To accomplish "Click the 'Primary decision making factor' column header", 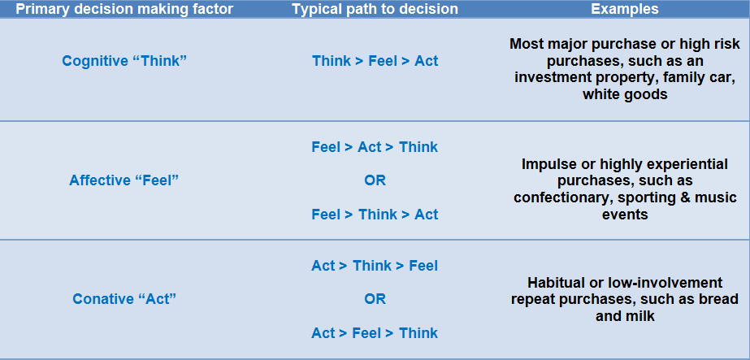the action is pyautogui.click(x=124, y=9).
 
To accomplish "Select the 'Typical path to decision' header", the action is pyautogui.click(x=375, y=9).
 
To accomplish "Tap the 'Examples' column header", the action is pyautogui.click(x=625, y=9).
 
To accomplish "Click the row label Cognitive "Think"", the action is pyautogui.click(x=124, y=61).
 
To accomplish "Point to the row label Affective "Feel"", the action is pyautogui.click(x=124, y=180).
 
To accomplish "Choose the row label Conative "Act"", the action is pyautogui.click(x=124, y=299).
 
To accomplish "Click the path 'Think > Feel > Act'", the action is pyautogui.click(x=375, y=61).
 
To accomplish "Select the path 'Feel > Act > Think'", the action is pyautogui.click(x=375, y=147).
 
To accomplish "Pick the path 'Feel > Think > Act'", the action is pyautogui.click(x=375, y=215).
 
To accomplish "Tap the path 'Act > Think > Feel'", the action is pyautogui.click(x=375, y=266).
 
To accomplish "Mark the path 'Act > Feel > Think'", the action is pyautogui.click(x=375, y=332).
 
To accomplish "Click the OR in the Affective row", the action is pyautogui.click(x=375, y=180).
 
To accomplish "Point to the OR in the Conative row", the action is pyautogui.click(x=375, y=299).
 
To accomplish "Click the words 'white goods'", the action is pyautogui.click(x=625, y=94).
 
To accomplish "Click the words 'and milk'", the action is pyautogui.click(x=625, y=316).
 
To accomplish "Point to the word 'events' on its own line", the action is pyautogui.click(x=625, y=215).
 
